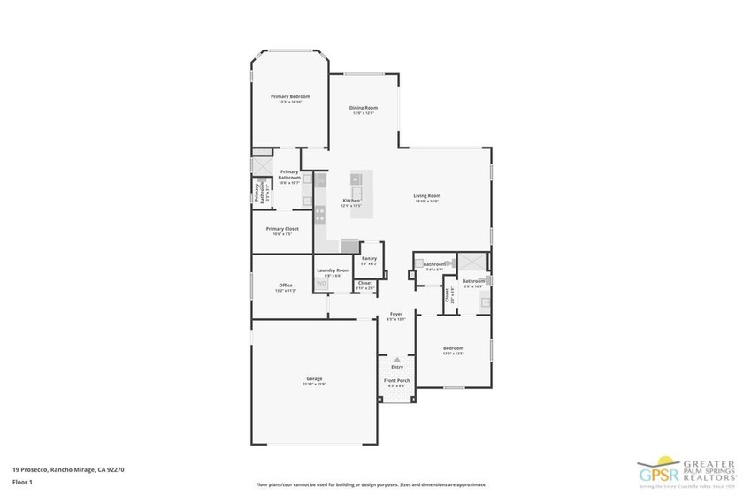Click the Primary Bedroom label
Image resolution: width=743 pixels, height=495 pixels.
pos(290,95)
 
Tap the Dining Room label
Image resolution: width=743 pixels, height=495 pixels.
pos(364,108)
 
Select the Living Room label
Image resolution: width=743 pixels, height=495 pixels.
pos(427,195)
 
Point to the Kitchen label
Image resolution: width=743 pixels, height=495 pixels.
pos(351,201)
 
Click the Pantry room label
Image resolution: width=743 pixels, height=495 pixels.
pos(369,258)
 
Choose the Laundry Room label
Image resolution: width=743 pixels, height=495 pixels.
pos(333,270)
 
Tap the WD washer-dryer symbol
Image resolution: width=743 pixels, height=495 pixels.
pos(321,282)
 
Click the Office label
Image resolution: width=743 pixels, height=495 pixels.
pos(285,285)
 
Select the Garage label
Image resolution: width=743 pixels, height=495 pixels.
pos(314,378)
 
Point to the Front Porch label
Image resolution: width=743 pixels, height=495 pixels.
pos(396,380)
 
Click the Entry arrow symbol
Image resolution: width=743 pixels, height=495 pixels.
pos(397,360)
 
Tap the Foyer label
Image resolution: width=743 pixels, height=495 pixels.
pos(396,314)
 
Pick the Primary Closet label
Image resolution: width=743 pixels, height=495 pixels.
pos(282,228)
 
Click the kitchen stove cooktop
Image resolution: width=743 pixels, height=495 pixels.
pos(319,212)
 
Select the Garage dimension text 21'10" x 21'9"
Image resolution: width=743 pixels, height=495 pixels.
pos(314,384)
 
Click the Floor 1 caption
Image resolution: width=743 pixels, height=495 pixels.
pos(22,482)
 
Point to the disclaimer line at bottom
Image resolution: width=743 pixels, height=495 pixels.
pos(371,484)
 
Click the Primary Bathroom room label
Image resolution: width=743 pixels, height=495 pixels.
pos(289,175)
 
